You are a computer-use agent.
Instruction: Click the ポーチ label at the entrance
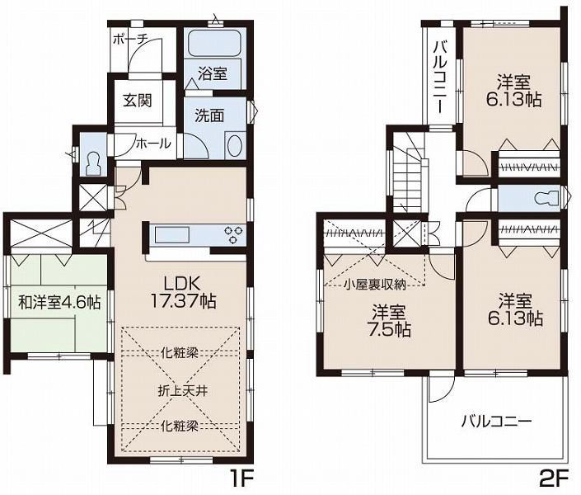point(130,39)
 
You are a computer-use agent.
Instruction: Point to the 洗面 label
point(209,115)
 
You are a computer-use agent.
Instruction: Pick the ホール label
point(153,144)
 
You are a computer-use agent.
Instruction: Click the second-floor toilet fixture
point(543,199)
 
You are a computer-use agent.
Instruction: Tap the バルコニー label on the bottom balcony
point(495,421)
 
